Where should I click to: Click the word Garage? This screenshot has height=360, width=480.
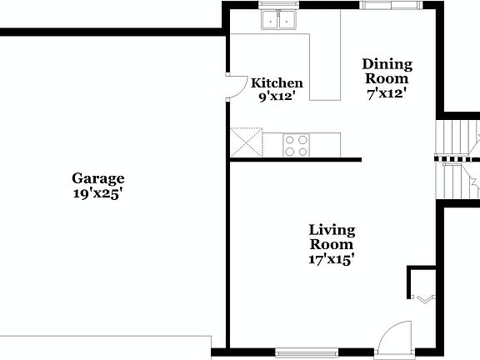pyautogui.click(x=97, y=178)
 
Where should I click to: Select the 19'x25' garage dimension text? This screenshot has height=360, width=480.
pyautogui.click(x=97, y=193)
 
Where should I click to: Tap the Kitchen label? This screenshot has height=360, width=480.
pyautogui.click(x=277, y=83)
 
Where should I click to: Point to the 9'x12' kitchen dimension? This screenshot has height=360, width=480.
pyautogui.click(x=277, y=96)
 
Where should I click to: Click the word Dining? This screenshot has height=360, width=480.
pyautogui.click(x=387, y=64)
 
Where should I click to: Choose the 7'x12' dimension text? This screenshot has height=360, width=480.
pyautogui.click(x=387, y=93)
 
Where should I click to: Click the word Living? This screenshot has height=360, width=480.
pyautogui.click(x=332, y=230)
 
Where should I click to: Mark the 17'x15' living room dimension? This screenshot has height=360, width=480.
pyautogui.click(x=332, y=259)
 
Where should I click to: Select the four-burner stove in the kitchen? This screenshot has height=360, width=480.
pyautogui.click(x=297, y=145)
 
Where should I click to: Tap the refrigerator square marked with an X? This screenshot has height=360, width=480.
pyautogui.click(x=246, y=142)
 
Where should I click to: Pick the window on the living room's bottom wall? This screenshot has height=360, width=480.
pyautogui.click(x=306, y=352)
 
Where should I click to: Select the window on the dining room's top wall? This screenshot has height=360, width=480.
pyautogui.click(x=389, y=5)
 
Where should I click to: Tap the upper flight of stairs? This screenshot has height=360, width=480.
pyautogui.click(x=457, y=137)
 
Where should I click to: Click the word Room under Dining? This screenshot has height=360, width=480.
pyautogui.click(x=387, y=79)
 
